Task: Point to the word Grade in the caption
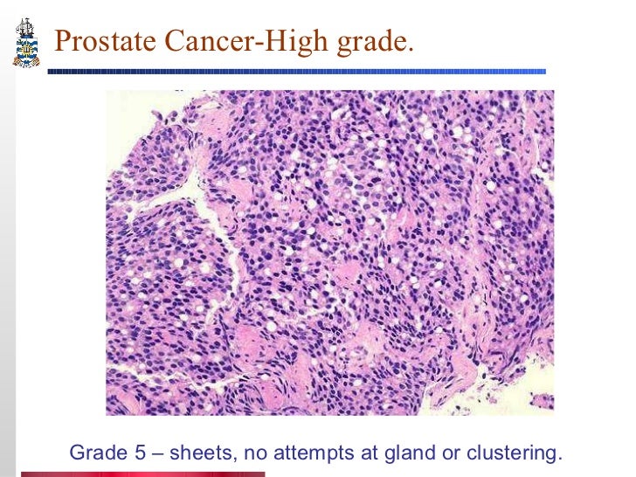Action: (93, 453)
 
